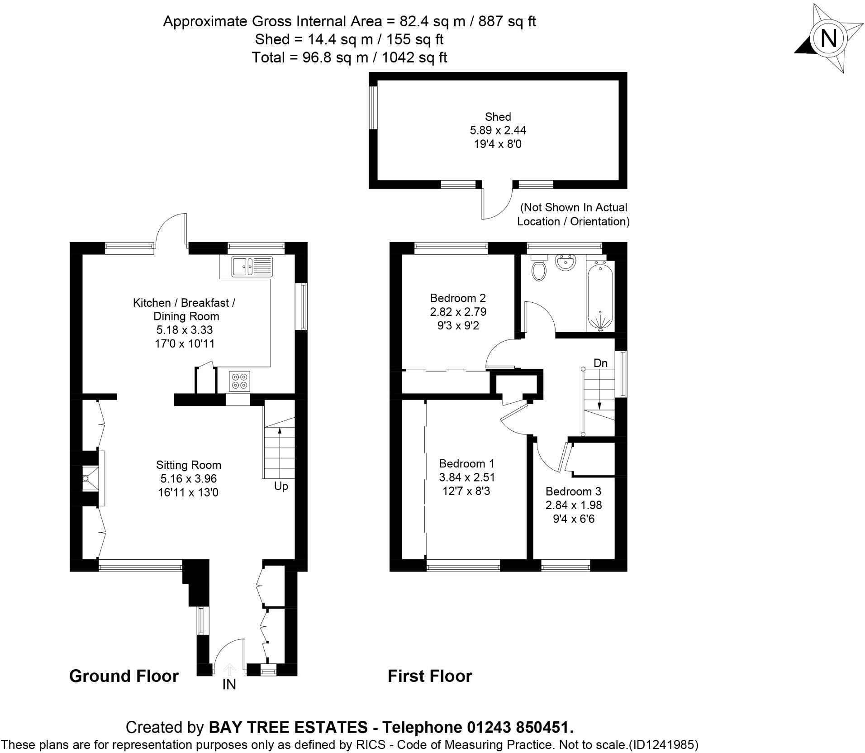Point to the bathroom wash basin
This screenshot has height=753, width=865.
click(x=565, y=262)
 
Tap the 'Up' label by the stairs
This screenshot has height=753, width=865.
click(x=281, y=486)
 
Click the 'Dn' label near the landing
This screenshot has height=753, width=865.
click(x=600, y=363)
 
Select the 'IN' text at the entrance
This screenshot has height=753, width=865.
click(x=229, y=685)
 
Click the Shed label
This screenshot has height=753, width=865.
click(x=498, y=117)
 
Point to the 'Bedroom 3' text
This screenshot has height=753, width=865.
click(x=573, y=491)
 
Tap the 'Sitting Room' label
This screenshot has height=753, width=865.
click(x=188, y=465)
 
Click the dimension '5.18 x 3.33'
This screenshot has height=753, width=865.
click(x=184, y=330)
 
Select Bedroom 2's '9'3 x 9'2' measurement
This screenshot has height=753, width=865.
click(x=458, y=325)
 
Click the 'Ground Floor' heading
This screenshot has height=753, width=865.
click(x=124, y=676)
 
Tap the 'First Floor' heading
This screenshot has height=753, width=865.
click(x=430, y=676)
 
